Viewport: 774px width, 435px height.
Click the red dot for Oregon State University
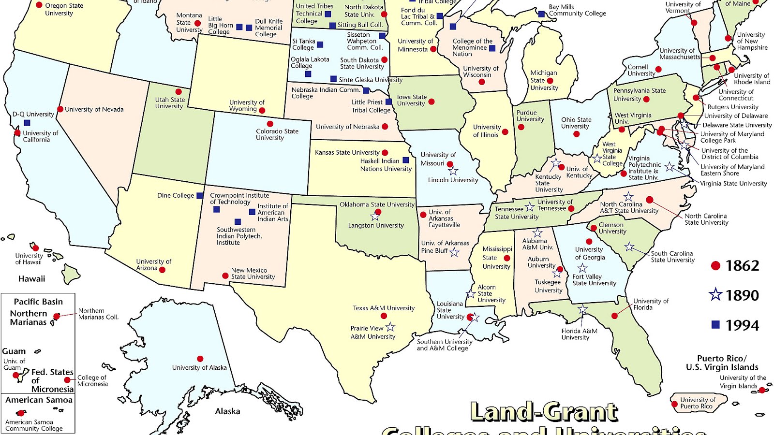[x=39, y=5]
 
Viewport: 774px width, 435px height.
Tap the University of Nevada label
[x=94, y=110]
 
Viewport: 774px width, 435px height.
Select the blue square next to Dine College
[x=199, y=196]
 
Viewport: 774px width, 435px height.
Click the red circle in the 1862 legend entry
[x=715, y=266]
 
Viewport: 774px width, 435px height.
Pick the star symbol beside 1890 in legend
[x=715, y=294]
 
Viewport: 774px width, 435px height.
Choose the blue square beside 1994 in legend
[x=715, y=325]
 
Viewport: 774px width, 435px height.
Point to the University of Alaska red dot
[x=200, y=359]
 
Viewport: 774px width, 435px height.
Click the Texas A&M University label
[x=384, y=308]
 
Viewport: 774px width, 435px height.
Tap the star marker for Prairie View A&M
[x=390, y=327]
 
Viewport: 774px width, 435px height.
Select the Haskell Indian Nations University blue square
[x=406, y=160]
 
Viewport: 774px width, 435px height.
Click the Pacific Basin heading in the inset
[x=38, y=302]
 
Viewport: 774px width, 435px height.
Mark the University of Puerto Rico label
[x=698, y=403]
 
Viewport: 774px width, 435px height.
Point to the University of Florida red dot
[x=614, y=316]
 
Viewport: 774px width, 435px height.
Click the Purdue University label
[x=530, y=116]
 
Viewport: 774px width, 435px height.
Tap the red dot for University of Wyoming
[x=262, y=111]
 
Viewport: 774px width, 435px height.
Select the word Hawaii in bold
[x=32, y=279]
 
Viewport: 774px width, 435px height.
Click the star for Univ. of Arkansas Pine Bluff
[x=454, y=252]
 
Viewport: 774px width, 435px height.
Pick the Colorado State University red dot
[x=270, y=124]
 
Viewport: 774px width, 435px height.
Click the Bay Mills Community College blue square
[x=541, y=14]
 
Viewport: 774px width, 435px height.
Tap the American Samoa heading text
[x=39, y=400]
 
